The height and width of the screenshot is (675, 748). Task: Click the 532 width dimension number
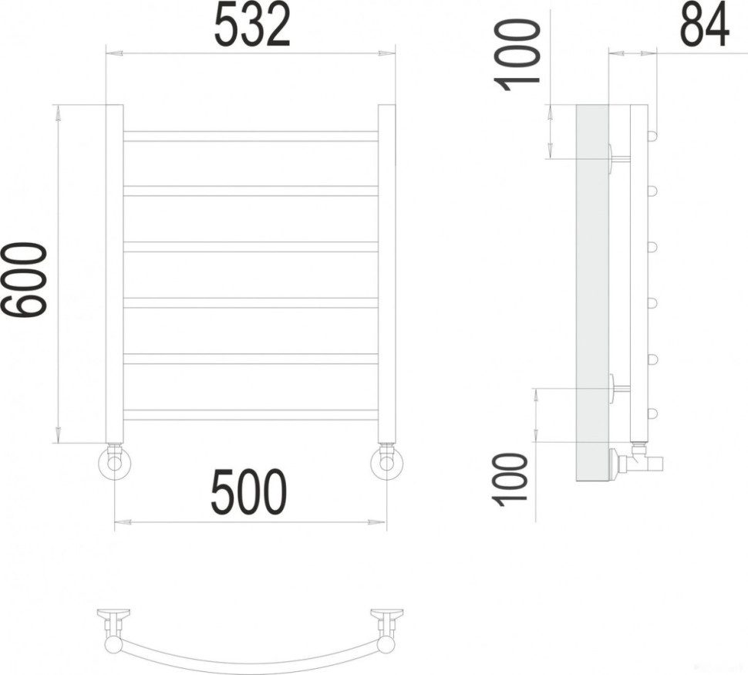tap(251, 25)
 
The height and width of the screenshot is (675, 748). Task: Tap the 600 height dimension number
tap(28, 278)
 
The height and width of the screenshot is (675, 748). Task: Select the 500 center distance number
tap(248, 492)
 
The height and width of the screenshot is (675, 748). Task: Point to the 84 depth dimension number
tap(704, 25)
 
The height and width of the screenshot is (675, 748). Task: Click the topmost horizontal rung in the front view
tap(251, 136)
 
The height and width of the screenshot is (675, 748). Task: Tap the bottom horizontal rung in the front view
tap(251, 414)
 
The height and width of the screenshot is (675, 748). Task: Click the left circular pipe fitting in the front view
tap(116, 464)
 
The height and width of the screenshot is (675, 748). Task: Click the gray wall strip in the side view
tap(592, 293)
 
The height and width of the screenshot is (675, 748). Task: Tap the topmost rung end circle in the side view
tap(653, 137)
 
